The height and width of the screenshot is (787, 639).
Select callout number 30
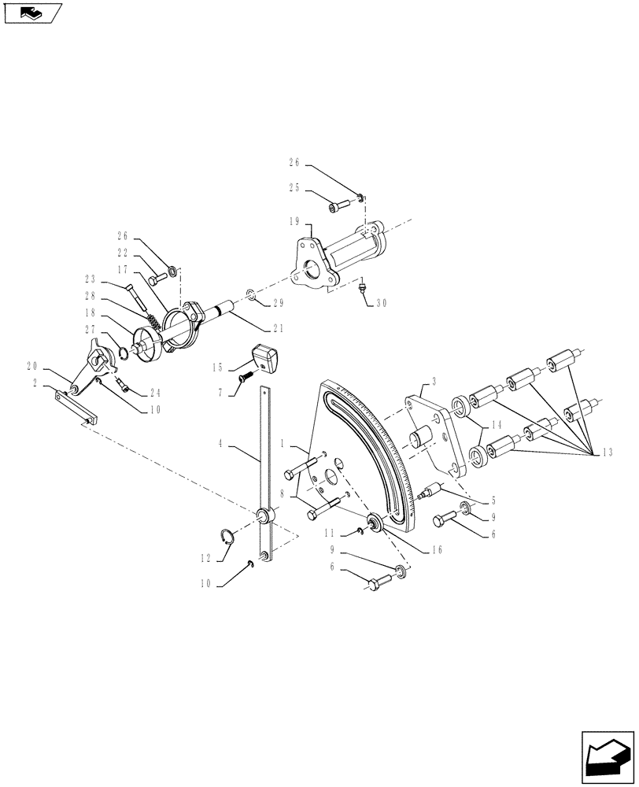coord(381,303)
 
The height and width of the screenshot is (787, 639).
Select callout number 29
coord(277,302)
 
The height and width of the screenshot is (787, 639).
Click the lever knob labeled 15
coord(264,358)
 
